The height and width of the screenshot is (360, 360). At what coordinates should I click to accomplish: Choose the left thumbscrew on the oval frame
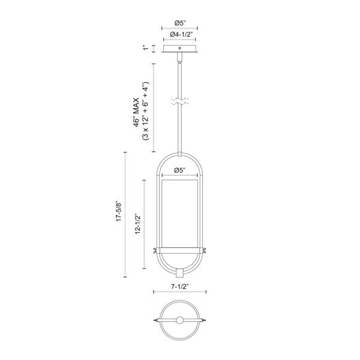coord(155,250)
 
